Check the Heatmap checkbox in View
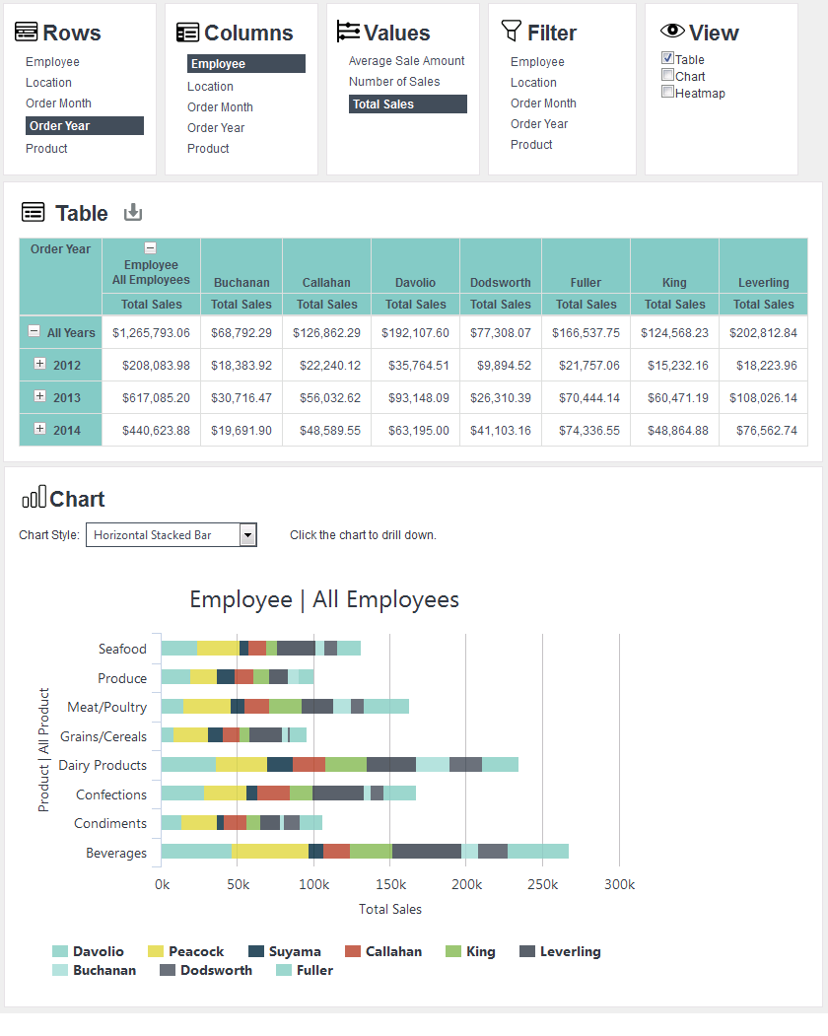(x=668, y=92)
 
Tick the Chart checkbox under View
(x=668, y=75)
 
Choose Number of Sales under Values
(x=394, y=81)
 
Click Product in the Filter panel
(x=531, y=144)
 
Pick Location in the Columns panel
(x=210, y=86)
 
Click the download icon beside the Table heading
(x=133, y=212)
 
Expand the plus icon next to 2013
(x=39, y=395)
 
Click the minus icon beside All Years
(x=34, y=331)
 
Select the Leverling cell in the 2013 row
(x=763, y=398)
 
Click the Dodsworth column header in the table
(x=500, y=282)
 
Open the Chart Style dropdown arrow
(x=247, y=534)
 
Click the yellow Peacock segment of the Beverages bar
(x=270, y=851)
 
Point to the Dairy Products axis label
(x=103, y=765)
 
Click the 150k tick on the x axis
(x=390, y=884)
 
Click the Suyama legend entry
(x=285, y=951)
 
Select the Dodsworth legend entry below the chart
(x=206, y=970)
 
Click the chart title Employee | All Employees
(x=324, y=599)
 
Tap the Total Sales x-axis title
(x=390, y=909)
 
